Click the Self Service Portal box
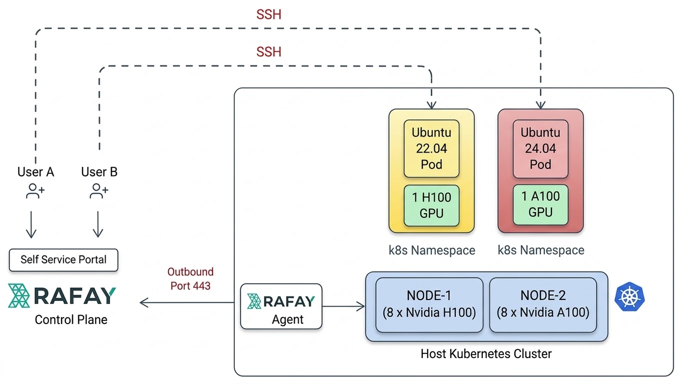pyautogui.click(x=64, y=260)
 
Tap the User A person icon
pyautogui.click(x=36, y=191)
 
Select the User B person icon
pyautogui.click(x=99, y=191)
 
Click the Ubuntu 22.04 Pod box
pyautogui.click(x=431, y=148)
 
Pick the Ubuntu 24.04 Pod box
pyautogui.click(x=540, y=148)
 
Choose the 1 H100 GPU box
pyautogui.click(x=431, y=205)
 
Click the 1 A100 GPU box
pyautogui.click(x=540, y=204)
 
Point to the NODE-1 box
pyautogui.click(x=429, y=304)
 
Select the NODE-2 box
pyautogui.click(x=543, y=304)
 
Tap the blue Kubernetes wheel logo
pyautogui.click(x=629, y=297)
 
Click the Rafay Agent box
pyautogui.click(x=281, y=306)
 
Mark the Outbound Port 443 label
pyautogui.click(x=190, y=279)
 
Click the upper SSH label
pyautogui.click(x=269, y=15)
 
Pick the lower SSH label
pyautogui.click(x=269, y=52)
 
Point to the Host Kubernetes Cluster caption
pyautogui.click(x=486, y=354)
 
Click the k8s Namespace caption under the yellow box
pyautogui.click(x=432, y=250)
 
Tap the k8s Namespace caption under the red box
pyautogui.click(x=541, y=250)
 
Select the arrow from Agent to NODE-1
pyautogui.click(x=344, y=306)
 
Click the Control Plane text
pyautogui.click(x=71, y=320)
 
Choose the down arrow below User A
pyautogui.click(x=31, y=224)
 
